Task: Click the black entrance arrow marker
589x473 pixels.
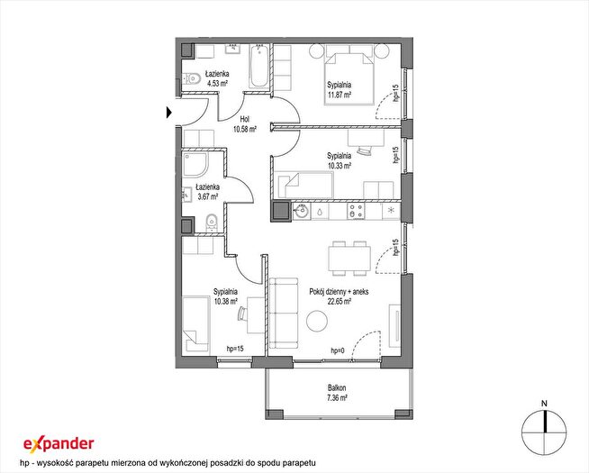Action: coord(169,113)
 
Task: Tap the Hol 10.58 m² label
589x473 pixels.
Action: coord(245,124)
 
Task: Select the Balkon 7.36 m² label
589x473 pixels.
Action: coord(337,393)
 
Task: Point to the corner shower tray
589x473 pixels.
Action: coord(195,164)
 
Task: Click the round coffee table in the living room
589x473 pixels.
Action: coord(317,322)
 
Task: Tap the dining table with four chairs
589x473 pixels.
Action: coord(349,259)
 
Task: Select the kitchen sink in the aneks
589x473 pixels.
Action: coord(302,213)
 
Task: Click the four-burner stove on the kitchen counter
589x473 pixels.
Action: coord(356,211)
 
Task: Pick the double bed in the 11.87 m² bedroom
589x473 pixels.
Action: coord(349,78)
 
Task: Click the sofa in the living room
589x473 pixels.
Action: coord(285,313)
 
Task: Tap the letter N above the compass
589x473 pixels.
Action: coord(544,404)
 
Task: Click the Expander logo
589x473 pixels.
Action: coord(59,443)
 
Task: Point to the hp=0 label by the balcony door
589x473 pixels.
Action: coord(338,350)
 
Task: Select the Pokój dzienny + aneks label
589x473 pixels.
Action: coord(339,292)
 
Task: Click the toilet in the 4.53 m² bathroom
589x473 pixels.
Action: coord(191,78)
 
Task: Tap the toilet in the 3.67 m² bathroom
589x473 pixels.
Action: coord(212,223)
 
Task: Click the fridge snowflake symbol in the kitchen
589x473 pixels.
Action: coord(391,211)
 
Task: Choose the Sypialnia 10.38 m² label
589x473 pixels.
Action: coord(225,296)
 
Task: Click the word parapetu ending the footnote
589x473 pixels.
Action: coord(299,462)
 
